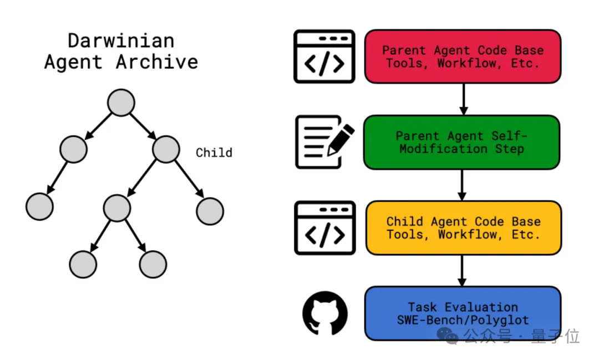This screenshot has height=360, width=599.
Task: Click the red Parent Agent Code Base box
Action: pyautogui.click(x=463, y=57)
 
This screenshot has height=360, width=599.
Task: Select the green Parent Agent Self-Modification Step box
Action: pyautogui.click(x=461, y=142)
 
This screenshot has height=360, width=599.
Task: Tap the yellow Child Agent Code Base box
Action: pyautogui.click(x=463, y=228)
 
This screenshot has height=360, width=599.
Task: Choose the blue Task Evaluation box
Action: pyautogui.click(x=463, y=313)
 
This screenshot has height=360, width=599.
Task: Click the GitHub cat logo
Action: pyautogui.click(x=324, y=313)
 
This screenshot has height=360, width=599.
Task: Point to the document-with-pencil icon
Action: pyautogui.click(x=324, y=142)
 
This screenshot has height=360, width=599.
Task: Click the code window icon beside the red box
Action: pyautogui.click(x=324, y=57)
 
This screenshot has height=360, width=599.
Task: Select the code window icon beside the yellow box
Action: pyautogui.click(x=324, y=228)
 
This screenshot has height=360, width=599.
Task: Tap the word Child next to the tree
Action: pyautogui.click(x=214, y=153)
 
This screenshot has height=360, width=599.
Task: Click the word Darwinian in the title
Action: pyautogui.click(x=121, y=40)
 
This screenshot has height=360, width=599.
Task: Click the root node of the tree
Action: pyautogui.click(x=121, y=103)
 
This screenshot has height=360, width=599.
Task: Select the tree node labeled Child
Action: pyautogui.click(x=166, y=149)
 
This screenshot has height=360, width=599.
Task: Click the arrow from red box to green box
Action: pyautogui.click(x=463, y=99)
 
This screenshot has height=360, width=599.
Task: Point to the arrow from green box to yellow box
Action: pyautogui.click(x=462, y=185)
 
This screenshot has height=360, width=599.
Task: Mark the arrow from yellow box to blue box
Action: pyautogui.click(x=462, y=271)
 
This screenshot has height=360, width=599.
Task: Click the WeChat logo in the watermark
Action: pyautogui.click(x=448, y=336)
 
